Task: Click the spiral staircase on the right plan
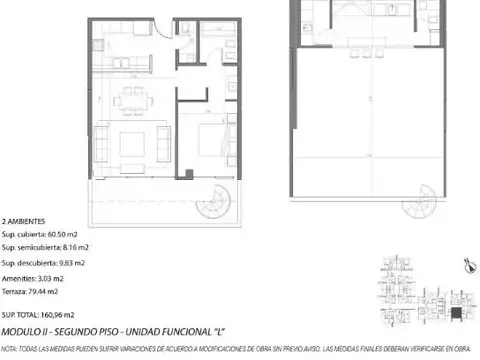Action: (418, 205)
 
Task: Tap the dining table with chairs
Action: (131, 98)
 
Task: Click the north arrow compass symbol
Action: (467, 264)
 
